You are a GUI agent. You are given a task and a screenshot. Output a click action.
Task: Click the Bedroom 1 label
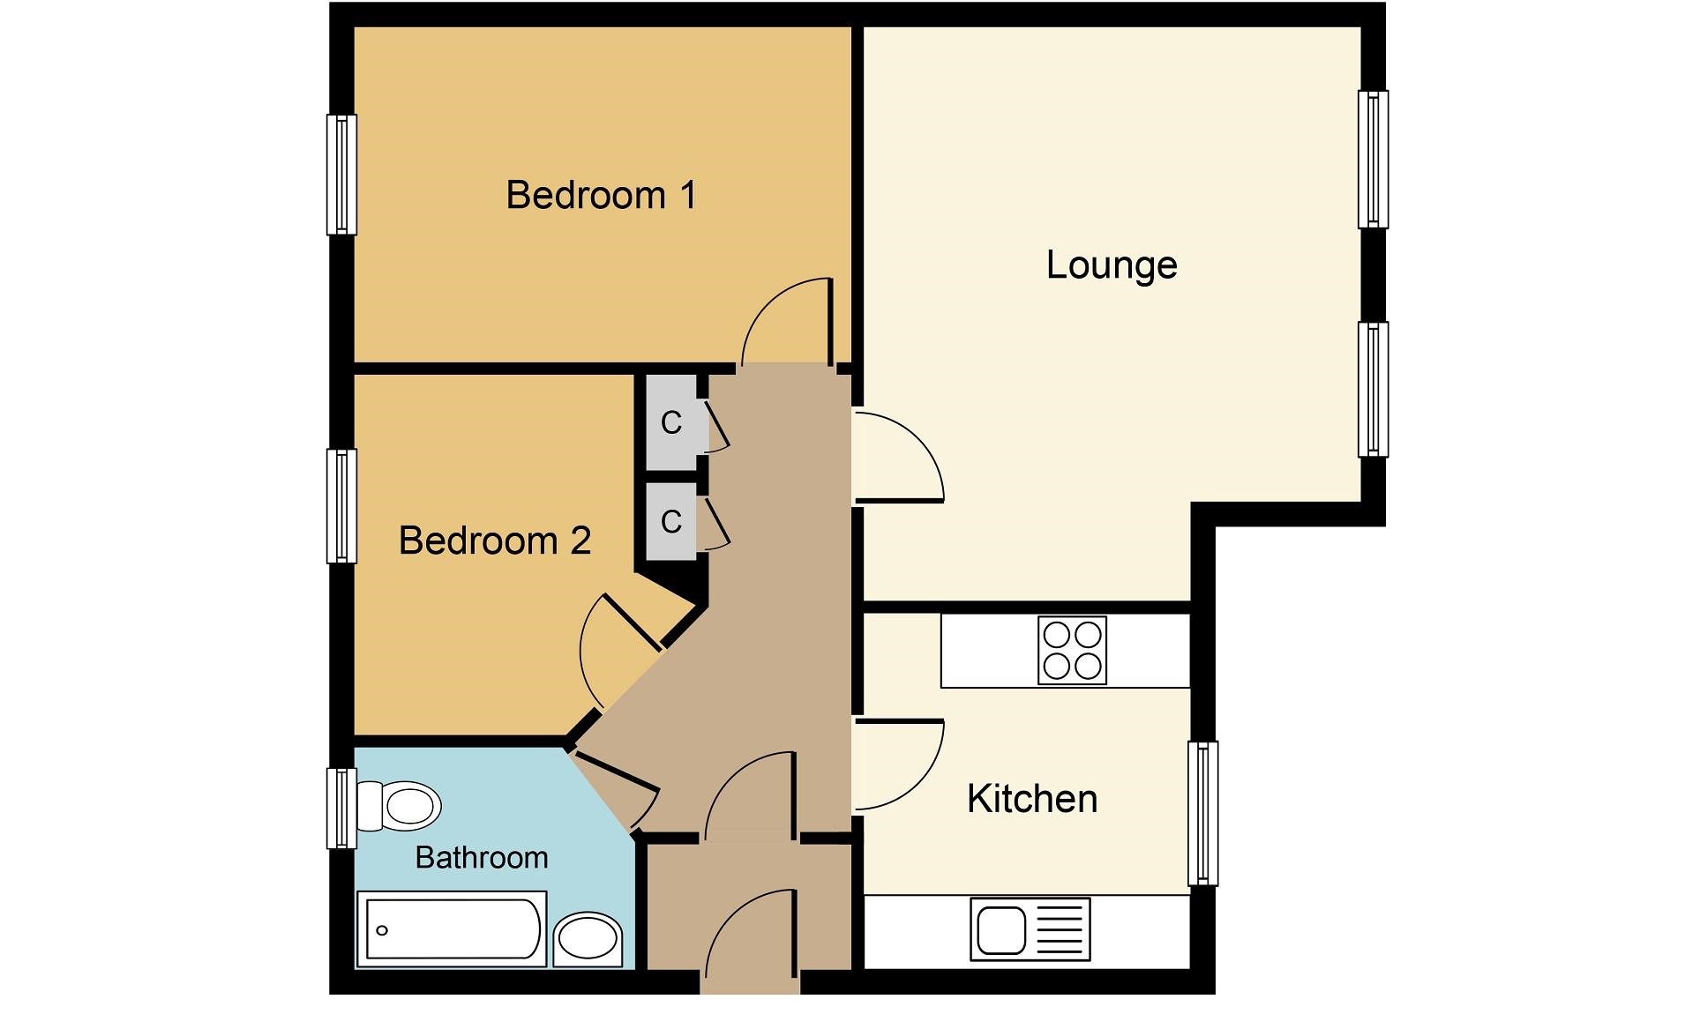coord(601,195)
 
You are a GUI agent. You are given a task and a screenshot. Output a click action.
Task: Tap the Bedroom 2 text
coord(494,541)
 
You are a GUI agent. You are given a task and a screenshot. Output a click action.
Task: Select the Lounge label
coord(1111,265)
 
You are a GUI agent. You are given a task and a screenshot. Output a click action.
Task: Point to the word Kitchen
coord(1031,799)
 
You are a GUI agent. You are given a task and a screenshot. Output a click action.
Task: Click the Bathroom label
coord(481,857)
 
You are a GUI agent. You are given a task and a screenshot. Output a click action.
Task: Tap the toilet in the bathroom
coord(401,805)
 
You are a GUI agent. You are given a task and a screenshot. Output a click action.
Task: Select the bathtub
coord(452,929)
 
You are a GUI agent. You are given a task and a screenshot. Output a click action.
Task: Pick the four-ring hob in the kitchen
coord(1072,651)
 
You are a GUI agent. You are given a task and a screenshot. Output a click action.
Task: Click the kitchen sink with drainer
coord(1030,928)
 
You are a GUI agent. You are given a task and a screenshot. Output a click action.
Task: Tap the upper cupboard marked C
coord(672,423)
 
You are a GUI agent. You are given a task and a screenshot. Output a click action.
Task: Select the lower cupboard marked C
coord(672,521)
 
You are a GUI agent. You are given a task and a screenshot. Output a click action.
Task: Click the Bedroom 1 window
coord(341,175)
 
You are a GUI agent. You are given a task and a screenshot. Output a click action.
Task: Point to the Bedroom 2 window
coord(341,506)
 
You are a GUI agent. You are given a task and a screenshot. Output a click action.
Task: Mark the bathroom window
coord(341,808)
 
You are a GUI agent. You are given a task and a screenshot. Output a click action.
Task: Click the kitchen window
coord(1202,812)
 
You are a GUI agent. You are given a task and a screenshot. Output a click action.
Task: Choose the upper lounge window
coord(1372,159)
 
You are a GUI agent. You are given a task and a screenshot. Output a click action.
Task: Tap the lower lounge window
coord(1372,389)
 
